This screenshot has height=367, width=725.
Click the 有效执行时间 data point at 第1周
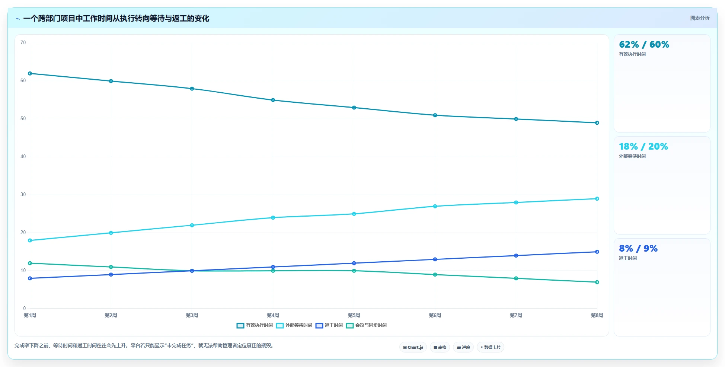pos(30,74)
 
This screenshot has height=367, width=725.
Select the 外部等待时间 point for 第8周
pos(597,199)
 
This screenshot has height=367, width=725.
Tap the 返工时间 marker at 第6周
pos(435,259)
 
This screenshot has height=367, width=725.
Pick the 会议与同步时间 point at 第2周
pos(111,267)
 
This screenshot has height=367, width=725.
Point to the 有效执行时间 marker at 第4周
pos(273,100)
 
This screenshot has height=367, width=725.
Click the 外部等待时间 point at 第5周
pos(354,214)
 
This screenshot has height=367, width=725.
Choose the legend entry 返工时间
pos(329,325)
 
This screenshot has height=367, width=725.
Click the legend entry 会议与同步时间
pos(367,325)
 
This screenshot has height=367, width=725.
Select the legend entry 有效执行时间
pos(255,325)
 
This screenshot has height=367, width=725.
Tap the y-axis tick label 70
pos(23,43)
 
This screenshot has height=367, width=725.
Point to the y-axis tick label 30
pos(23,195)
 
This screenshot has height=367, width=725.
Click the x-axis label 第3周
pos(192,315)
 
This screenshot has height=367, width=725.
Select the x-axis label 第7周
pos(516,315)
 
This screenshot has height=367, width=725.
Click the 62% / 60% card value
pos(644,45)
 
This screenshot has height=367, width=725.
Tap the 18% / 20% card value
pos(643,147)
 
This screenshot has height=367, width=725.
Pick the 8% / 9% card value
pos(638,249)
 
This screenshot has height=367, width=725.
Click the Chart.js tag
pos(413,347)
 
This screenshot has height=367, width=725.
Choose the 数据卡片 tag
pos(491,347)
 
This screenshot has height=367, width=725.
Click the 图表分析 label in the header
pos(700,18)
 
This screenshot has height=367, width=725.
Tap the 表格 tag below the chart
pos(440,347)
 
